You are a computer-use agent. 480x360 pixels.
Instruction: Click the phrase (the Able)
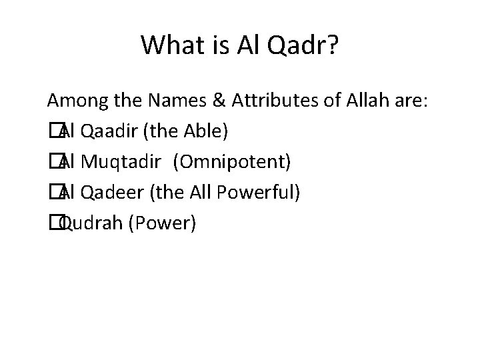[186, 132]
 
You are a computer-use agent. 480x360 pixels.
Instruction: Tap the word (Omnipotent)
[231, 163]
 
